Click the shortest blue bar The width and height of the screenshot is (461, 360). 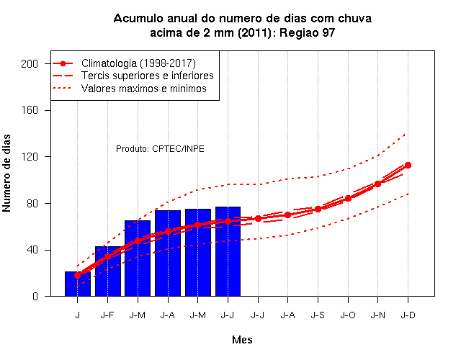tap(78, 284)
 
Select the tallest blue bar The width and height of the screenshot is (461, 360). tap(228, 251)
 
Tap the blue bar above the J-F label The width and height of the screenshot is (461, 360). tap(108, 271)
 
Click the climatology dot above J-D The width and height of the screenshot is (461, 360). tap(408, 166)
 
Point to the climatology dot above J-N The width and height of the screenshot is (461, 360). tap(377, 184)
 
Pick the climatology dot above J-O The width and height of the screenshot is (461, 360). tap(348, 199)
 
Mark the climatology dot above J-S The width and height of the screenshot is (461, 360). tap(318, 210)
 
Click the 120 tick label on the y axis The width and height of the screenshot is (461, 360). tap(30, 157)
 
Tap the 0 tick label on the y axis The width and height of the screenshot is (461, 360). tap(35, 296)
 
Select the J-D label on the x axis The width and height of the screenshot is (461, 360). tap(408, 315)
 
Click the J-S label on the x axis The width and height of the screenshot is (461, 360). tap(318, 315)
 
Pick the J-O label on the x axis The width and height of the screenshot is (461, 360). tap(348, 315)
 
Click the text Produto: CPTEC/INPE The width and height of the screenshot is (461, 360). tap(160, 149)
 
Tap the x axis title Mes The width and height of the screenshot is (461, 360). tap(242, 340)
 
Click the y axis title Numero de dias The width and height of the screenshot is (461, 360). tap(6, 173)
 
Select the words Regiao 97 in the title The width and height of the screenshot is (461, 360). tap(308, 32)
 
